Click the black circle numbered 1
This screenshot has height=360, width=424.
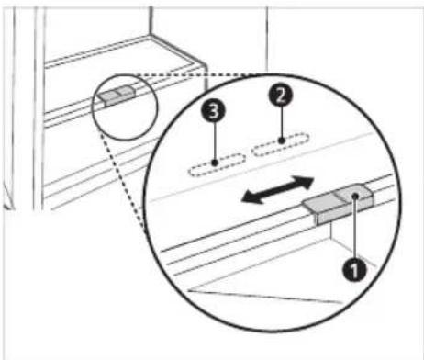[x=354, y=270]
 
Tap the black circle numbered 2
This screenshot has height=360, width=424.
[x=281, y=95]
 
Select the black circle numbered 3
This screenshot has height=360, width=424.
[x=213, y=110]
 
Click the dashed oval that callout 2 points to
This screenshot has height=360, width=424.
[x=280, y=144]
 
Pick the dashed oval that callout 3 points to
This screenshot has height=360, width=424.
[x=217, y=164]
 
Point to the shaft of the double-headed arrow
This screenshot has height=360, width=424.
[x=277, y=190]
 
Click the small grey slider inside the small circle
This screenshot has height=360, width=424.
[x=117, y=96]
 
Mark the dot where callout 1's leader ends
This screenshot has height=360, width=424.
[x=355, y=196]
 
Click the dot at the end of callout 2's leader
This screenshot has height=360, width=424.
[x=281, y=141]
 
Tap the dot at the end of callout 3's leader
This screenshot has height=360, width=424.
[x=216, y=163]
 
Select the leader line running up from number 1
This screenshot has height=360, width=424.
[x=354, y=229]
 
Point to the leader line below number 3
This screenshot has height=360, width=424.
[x=215, y=141]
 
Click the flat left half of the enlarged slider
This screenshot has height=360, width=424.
[x=323, y=203]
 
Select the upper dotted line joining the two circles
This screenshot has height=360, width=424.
[x=196, y=74]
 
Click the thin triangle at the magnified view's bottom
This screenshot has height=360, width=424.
[x=263, y=297]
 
